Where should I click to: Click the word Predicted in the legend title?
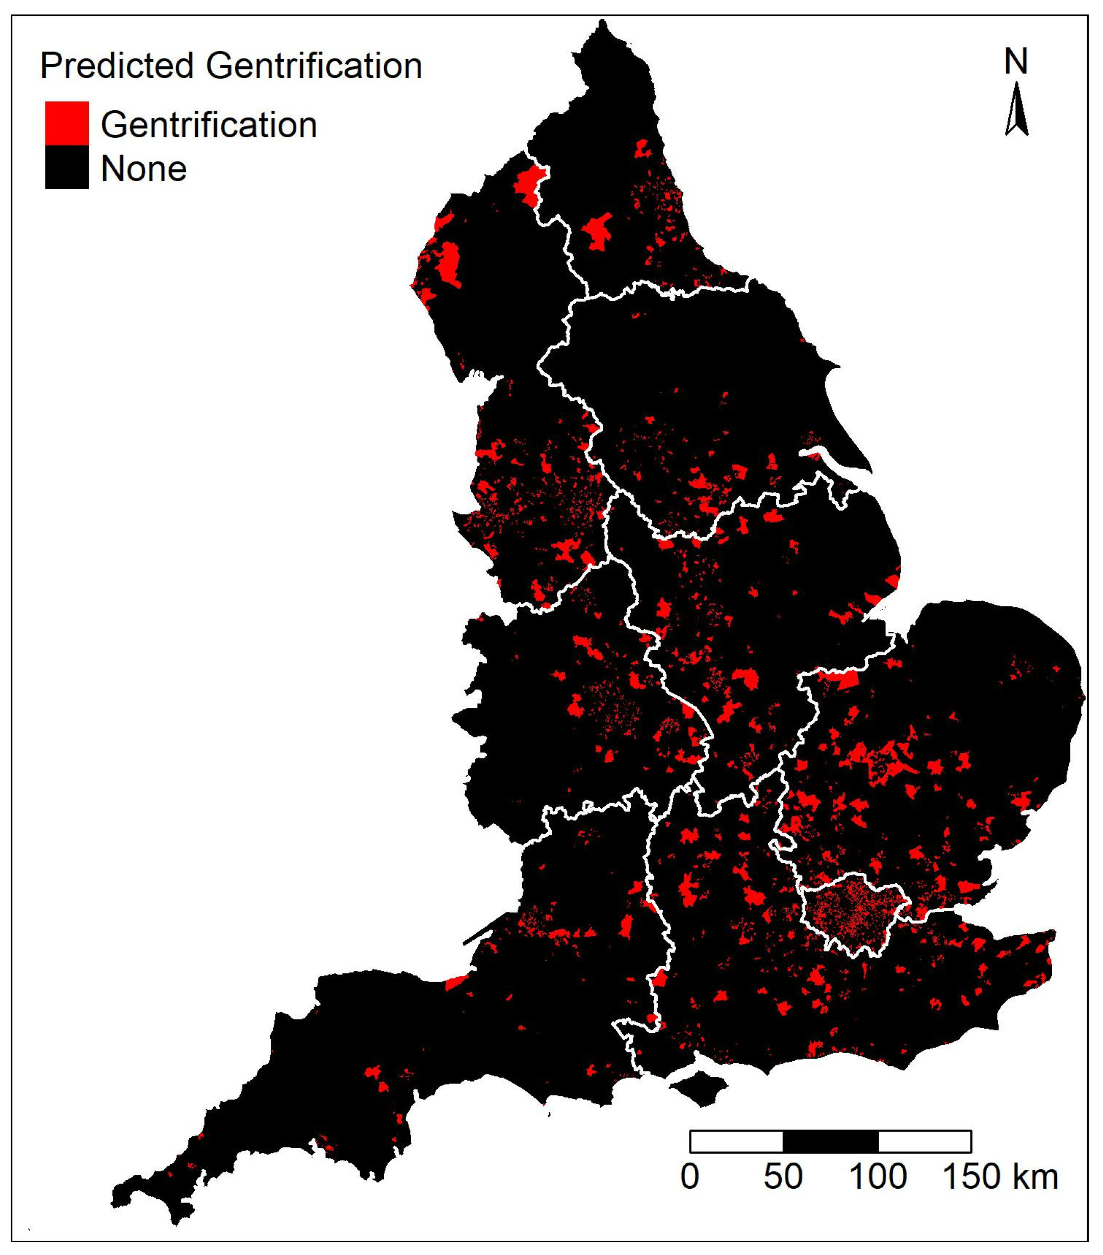coord(117,66)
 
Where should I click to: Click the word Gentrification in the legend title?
coord(314,66)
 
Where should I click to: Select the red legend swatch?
coord(67,123)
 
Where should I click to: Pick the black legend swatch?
coord(67,166)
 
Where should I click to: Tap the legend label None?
coord(144,169)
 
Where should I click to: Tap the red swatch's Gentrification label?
coord(209,125)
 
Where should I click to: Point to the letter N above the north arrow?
coord(1016,62)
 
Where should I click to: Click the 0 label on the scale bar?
coord(689,1177)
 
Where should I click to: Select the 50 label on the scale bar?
coord(783,1177)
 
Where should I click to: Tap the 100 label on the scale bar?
coord(878,1177)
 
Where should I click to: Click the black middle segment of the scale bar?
coord(830,1141)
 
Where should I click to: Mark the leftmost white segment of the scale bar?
coord(736,1141)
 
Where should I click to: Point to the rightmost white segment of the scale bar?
coord(925,1141)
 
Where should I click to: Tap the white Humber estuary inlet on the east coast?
coord(826,457)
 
